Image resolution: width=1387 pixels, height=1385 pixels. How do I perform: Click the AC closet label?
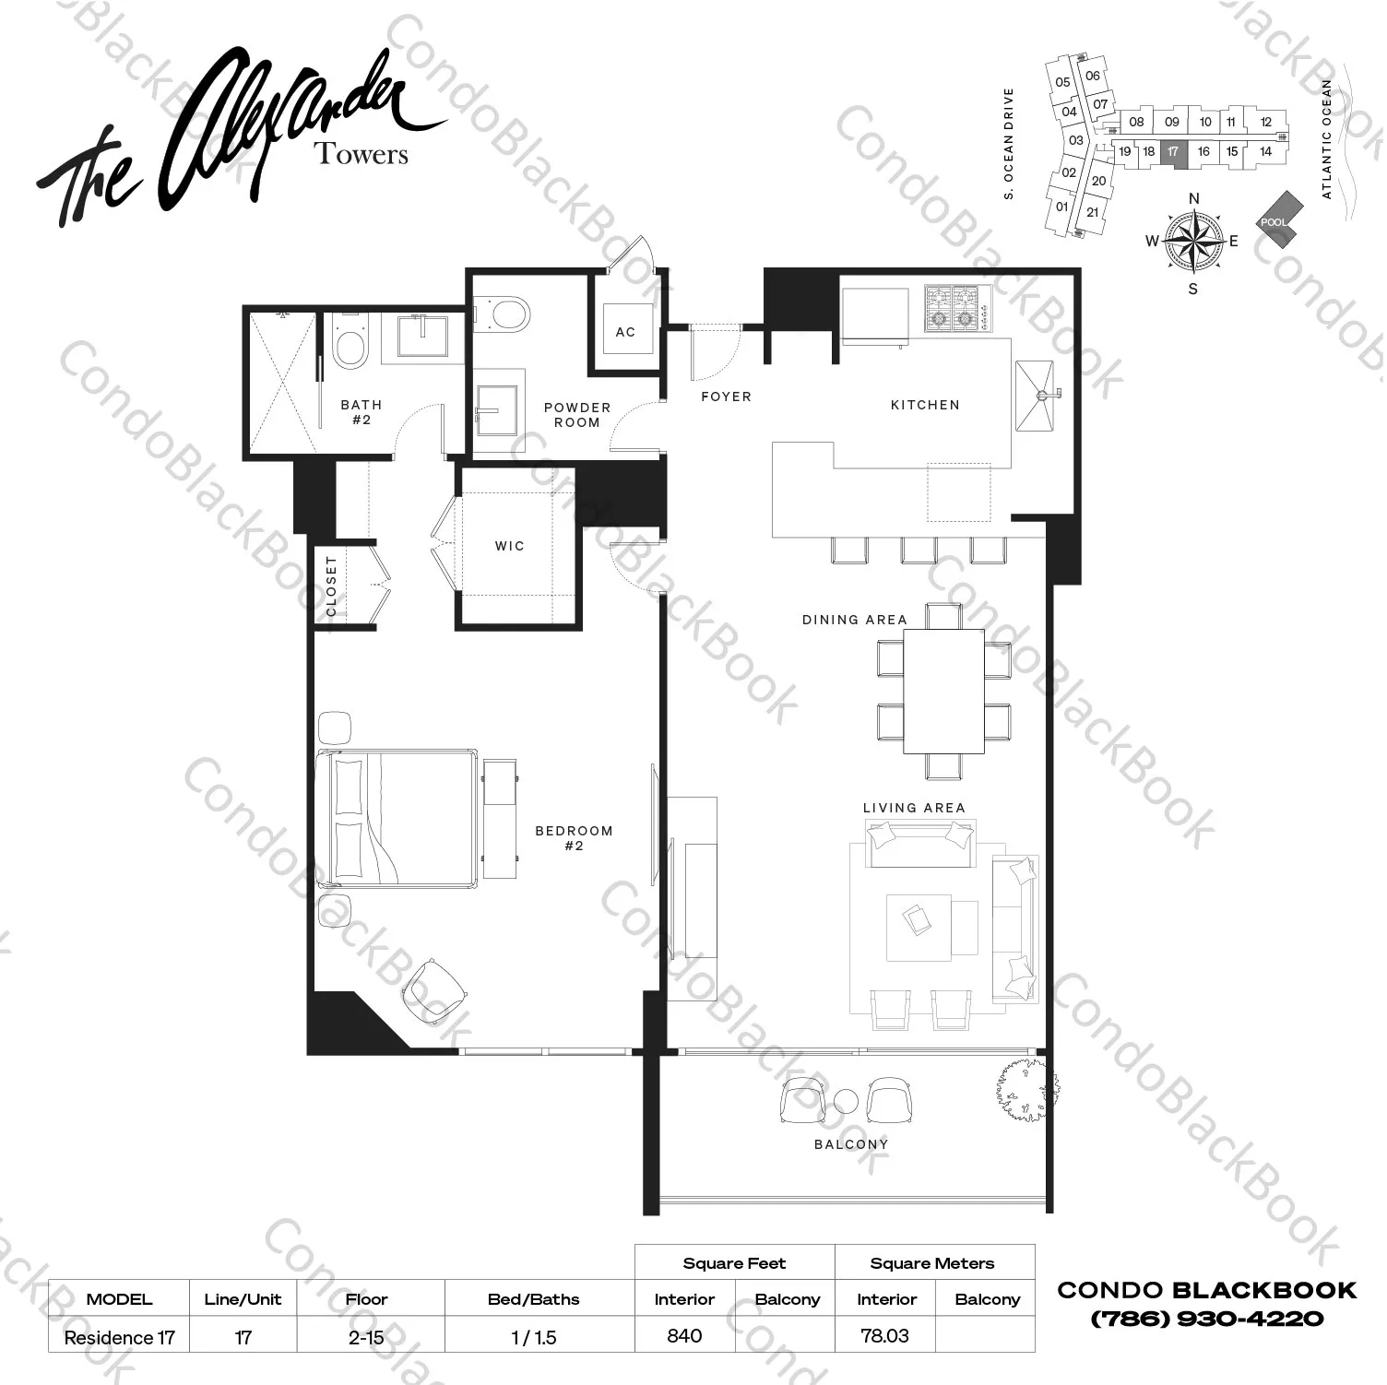point(625,332)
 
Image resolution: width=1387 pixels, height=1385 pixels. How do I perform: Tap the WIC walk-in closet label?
point(509,546)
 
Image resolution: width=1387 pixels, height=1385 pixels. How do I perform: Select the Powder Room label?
point(577,415)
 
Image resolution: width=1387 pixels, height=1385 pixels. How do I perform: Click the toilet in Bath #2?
point(349,345)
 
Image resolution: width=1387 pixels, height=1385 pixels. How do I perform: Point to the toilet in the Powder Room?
point(505,313)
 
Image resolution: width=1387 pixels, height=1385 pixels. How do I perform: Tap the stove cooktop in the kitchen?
point(957,308)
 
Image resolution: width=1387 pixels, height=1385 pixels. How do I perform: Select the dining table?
point(943,692)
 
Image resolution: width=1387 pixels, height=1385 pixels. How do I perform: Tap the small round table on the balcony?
point(846,1101)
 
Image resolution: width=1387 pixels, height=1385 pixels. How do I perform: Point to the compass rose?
point(1192,242)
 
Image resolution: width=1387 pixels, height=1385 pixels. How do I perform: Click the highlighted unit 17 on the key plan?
point(1173,152)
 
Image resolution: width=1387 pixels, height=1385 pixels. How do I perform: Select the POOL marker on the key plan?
point(1276,221)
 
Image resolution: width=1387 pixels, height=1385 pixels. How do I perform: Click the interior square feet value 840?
point(684,1335)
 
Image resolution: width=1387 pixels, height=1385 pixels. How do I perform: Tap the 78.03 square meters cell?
point(884,1335)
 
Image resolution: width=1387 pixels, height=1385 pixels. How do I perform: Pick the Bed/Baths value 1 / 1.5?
point(534,1337)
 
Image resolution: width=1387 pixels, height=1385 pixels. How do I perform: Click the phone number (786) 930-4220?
point(1206,1319)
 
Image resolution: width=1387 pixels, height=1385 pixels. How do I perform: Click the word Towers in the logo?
point(362,154)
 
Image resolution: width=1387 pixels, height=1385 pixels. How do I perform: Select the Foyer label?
point(726,397)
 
